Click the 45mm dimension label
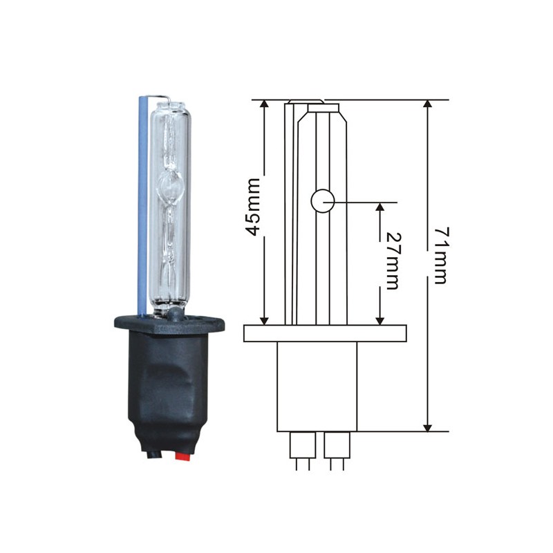pos(253,207)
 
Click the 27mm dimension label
pos(391,261)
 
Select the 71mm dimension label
pos(441,256)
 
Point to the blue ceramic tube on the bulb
pos(142,205)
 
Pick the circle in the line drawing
pos(322,201)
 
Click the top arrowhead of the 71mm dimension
pos(427,104)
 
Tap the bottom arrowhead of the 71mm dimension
pos(427,427)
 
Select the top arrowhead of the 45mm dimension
pos(264,104)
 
